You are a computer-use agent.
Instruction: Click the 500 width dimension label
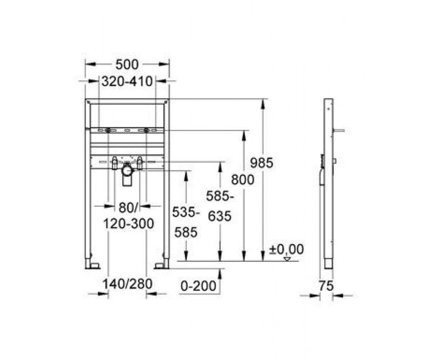pos(127,64)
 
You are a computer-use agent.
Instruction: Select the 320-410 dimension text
pos(127,81)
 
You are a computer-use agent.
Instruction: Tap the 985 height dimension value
pos(261,163)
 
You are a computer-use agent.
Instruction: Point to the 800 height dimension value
pos(243,179)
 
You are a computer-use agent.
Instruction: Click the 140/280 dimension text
pos(127,284)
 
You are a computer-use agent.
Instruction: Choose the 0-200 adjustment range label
pos(198,286)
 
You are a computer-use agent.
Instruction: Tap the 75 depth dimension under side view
pos(326,286)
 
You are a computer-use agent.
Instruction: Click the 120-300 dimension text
pos(129,224)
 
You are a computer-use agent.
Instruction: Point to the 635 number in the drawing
pos(219,216)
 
